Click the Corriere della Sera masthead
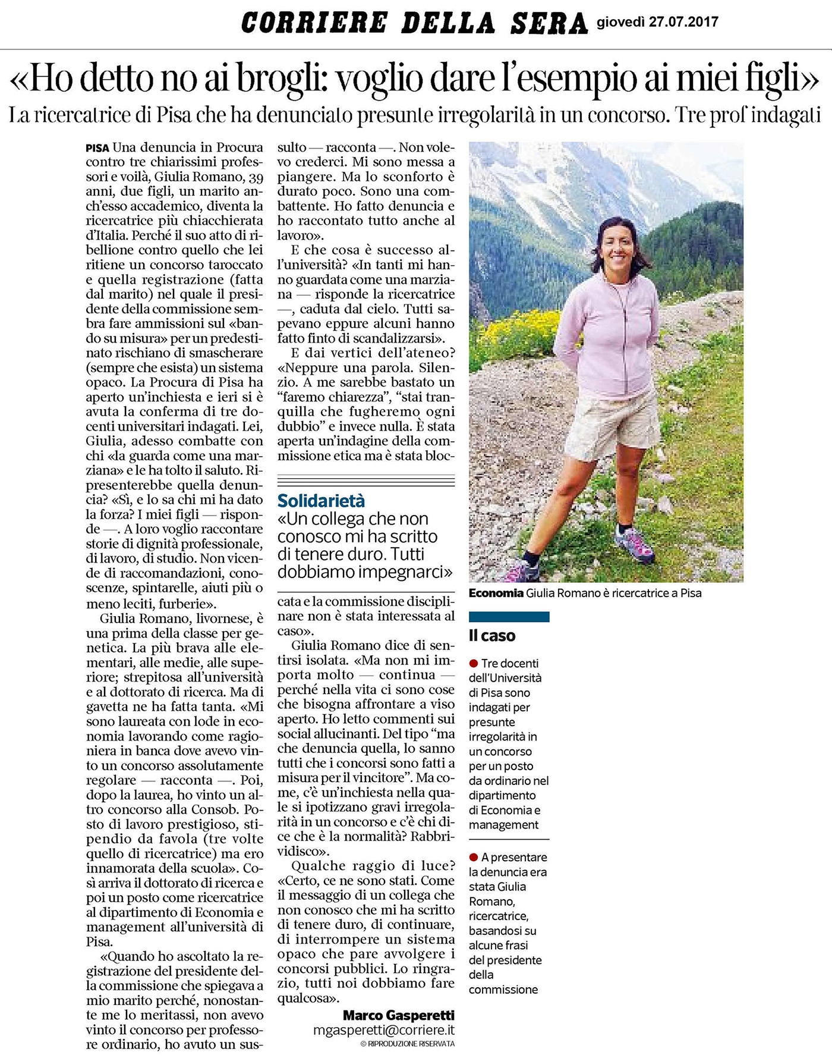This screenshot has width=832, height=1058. click(x=414, y=24)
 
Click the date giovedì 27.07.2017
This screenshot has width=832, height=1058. click(x=657, y=23)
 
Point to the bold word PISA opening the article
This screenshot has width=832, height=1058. click(x=97, y=148)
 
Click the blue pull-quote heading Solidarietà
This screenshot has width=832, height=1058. click(x=322, y=501)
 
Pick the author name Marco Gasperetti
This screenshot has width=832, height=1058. click(x=398, y=1015)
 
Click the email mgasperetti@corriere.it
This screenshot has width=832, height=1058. click(x=384, y=1031)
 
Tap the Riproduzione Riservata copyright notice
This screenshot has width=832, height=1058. click(x=407, y=1044)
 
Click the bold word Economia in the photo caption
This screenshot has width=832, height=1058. click(x=496, y=593)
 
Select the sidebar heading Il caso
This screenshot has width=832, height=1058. click(x=492, y=636)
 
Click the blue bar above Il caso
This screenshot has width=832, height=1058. click(x=509, y=617)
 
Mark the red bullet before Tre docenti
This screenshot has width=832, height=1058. click(x=474, y=663)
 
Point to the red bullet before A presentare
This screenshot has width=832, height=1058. click(x=474, y=857)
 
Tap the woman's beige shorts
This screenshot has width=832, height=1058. click(x=612, y=422)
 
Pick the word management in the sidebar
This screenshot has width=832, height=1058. click(x=503, y=825)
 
